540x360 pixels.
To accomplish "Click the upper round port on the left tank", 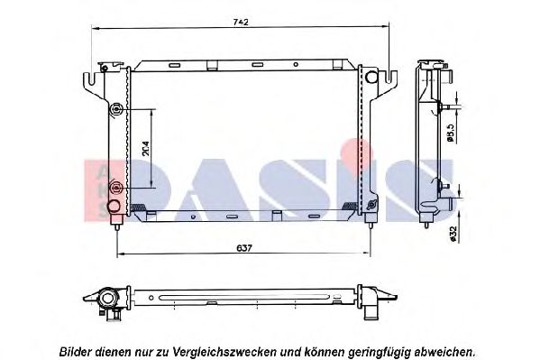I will coord(115,111).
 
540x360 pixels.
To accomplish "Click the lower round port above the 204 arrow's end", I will coord(115,188).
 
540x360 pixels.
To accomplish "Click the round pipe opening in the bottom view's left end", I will coord(108,299).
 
